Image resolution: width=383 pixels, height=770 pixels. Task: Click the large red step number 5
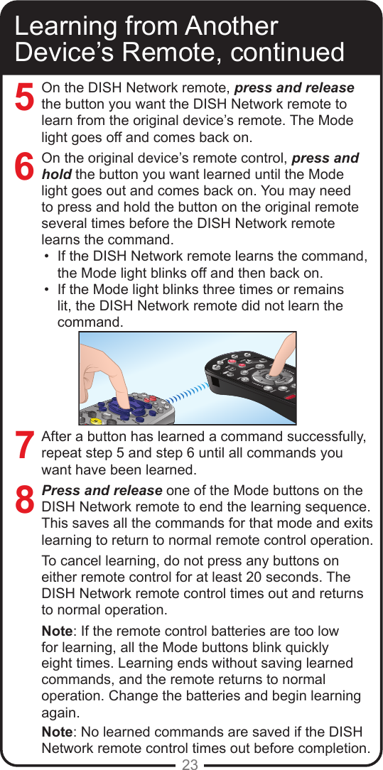coord(25,97)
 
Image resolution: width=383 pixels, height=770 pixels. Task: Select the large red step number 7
coord(25,445)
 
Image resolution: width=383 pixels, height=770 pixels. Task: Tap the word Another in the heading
coord(231,26)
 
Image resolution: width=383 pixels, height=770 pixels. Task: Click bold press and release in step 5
coord(294,88)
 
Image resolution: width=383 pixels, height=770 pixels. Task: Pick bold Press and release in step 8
coord(102,491)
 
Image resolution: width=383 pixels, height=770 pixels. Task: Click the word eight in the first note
coord(58,663)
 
